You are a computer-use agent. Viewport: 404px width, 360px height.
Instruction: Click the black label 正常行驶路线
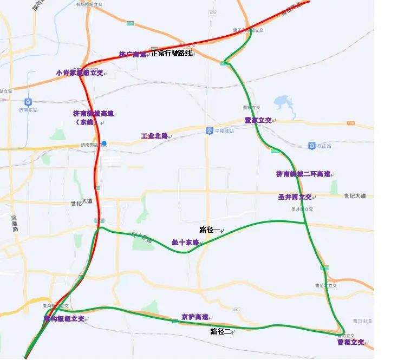click(x=171, y=54)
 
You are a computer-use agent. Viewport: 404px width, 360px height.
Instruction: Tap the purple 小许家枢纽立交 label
click(x=79, y=73)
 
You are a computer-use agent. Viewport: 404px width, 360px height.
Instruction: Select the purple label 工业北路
click(x=154, y=136)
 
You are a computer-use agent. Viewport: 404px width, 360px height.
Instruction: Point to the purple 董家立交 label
click(x=258, y=120)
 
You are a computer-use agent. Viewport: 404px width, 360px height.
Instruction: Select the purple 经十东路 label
click(x=186, y=243)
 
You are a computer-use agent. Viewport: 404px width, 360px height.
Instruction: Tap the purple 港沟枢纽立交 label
click(x=64, y=319)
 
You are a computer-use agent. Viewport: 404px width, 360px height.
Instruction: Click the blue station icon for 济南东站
click(x=28, y=102)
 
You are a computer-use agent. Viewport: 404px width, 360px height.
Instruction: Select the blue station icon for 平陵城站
click(x=209, y=131)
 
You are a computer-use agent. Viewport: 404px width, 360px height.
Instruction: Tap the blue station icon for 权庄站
click(x=312, y=146)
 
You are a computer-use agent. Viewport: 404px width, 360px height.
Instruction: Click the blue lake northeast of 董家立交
click(x=282, y=102)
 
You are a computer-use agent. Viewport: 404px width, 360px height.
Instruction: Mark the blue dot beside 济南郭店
click(x=105, y=143)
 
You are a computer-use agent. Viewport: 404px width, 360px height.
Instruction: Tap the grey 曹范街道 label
click(x=362, y=320)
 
